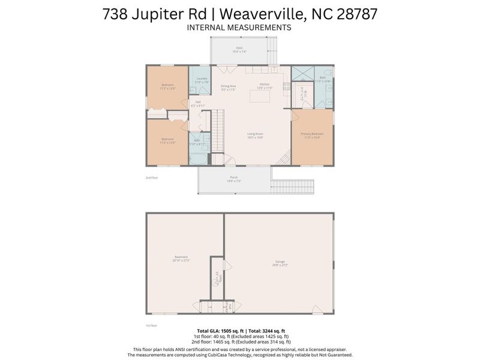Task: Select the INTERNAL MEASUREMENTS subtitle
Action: [239, 28]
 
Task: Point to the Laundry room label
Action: [202, 80]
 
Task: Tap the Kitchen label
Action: [265, 85]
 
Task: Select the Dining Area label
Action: [228, 86]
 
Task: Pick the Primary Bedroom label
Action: [312, 134]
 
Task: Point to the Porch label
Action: [233, 178]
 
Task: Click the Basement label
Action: [181, 257]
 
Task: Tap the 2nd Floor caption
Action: [151, 178]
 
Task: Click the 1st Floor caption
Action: [151, 325]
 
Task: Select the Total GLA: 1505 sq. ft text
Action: [220, 331]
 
